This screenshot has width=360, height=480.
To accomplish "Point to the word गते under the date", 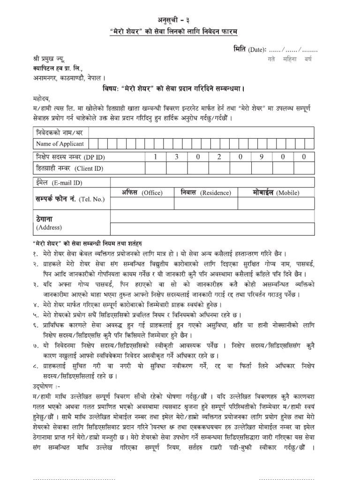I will point(271,60).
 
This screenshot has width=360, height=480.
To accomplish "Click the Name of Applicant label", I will point(60,143).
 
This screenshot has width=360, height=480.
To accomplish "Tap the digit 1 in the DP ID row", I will point(155,157).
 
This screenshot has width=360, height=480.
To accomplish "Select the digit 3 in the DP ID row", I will point(177,157).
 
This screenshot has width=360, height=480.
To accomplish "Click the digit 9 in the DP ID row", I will point(261,157).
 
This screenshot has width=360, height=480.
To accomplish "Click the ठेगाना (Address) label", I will point(49,223).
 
